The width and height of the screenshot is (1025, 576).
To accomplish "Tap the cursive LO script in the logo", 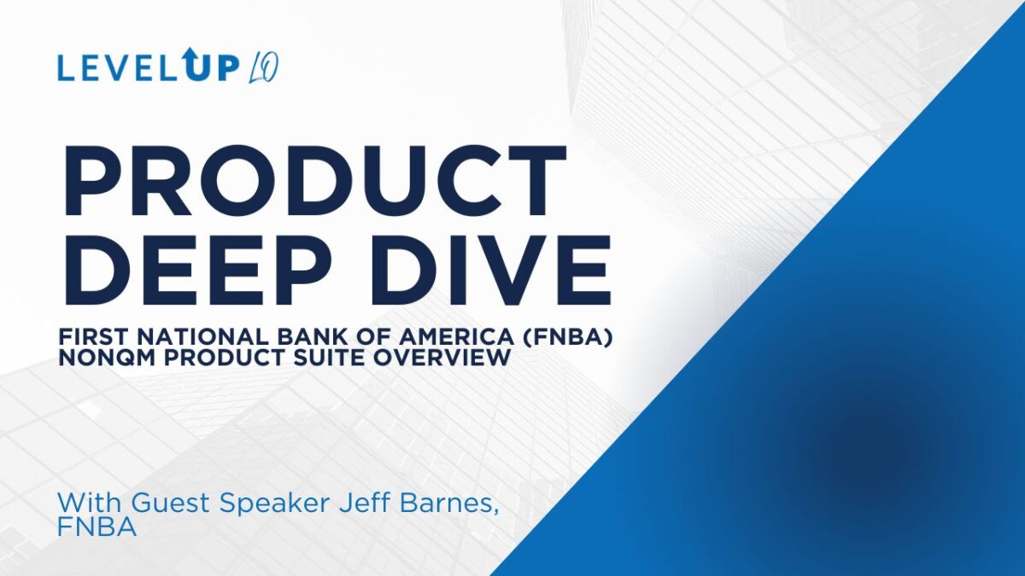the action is pos(264,69).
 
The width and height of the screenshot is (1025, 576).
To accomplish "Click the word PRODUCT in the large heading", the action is pos(315,181).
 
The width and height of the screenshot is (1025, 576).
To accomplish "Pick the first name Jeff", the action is pos(366,503).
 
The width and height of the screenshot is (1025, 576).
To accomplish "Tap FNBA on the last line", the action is pos(97,527).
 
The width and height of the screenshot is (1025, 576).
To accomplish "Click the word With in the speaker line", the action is pos(91,503).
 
